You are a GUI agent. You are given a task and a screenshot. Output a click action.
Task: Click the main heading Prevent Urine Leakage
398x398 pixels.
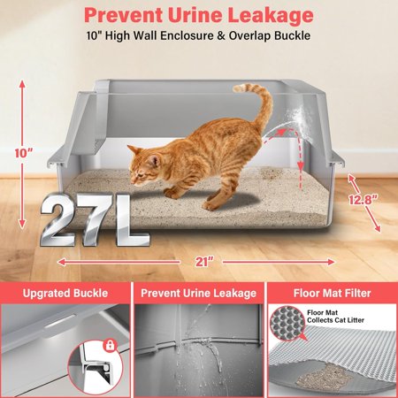click(199, 15)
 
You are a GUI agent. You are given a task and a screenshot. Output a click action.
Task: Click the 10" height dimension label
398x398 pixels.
click(24, 153)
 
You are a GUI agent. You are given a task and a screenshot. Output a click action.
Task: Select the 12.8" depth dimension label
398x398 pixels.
click(364, 200)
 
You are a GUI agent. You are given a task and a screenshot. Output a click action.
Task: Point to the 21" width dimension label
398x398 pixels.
click(203, 262)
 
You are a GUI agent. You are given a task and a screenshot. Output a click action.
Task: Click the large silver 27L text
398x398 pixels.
click(95, 219)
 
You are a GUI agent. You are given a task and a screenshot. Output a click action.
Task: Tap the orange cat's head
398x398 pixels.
click(144, 165)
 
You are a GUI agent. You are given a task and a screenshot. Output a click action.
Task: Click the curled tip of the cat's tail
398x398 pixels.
click(241, 88)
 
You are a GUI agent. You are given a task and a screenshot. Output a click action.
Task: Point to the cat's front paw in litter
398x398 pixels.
click(170, 194)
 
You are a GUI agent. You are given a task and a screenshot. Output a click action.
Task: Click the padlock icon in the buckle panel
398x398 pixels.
click(110, 345)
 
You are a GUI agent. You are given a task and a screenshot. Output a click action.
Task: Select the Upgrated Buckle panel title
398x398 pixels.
click(65, 293)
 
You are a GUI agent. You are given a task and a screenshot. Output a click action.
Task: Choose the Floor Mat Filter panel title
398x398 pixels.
click(333, 293)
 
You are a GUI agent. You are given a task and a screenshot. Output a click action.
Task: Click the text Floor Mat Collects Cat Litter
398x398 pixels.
click(336, 317)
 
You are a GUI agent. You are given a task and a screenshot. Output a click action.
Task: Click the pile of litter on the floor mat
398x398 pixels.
click(320, 378)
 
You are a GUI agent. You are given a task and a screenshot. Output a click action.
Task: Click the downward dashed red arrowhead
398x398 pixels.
click(301, 165)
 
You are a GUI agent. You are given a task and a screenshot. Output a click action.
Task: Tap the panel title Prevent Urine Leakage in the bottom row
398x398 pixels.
click(198, 293)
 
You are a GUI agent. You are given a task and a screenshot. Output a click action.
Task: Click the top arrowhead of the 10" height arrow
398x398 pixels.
click(22, 84)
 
